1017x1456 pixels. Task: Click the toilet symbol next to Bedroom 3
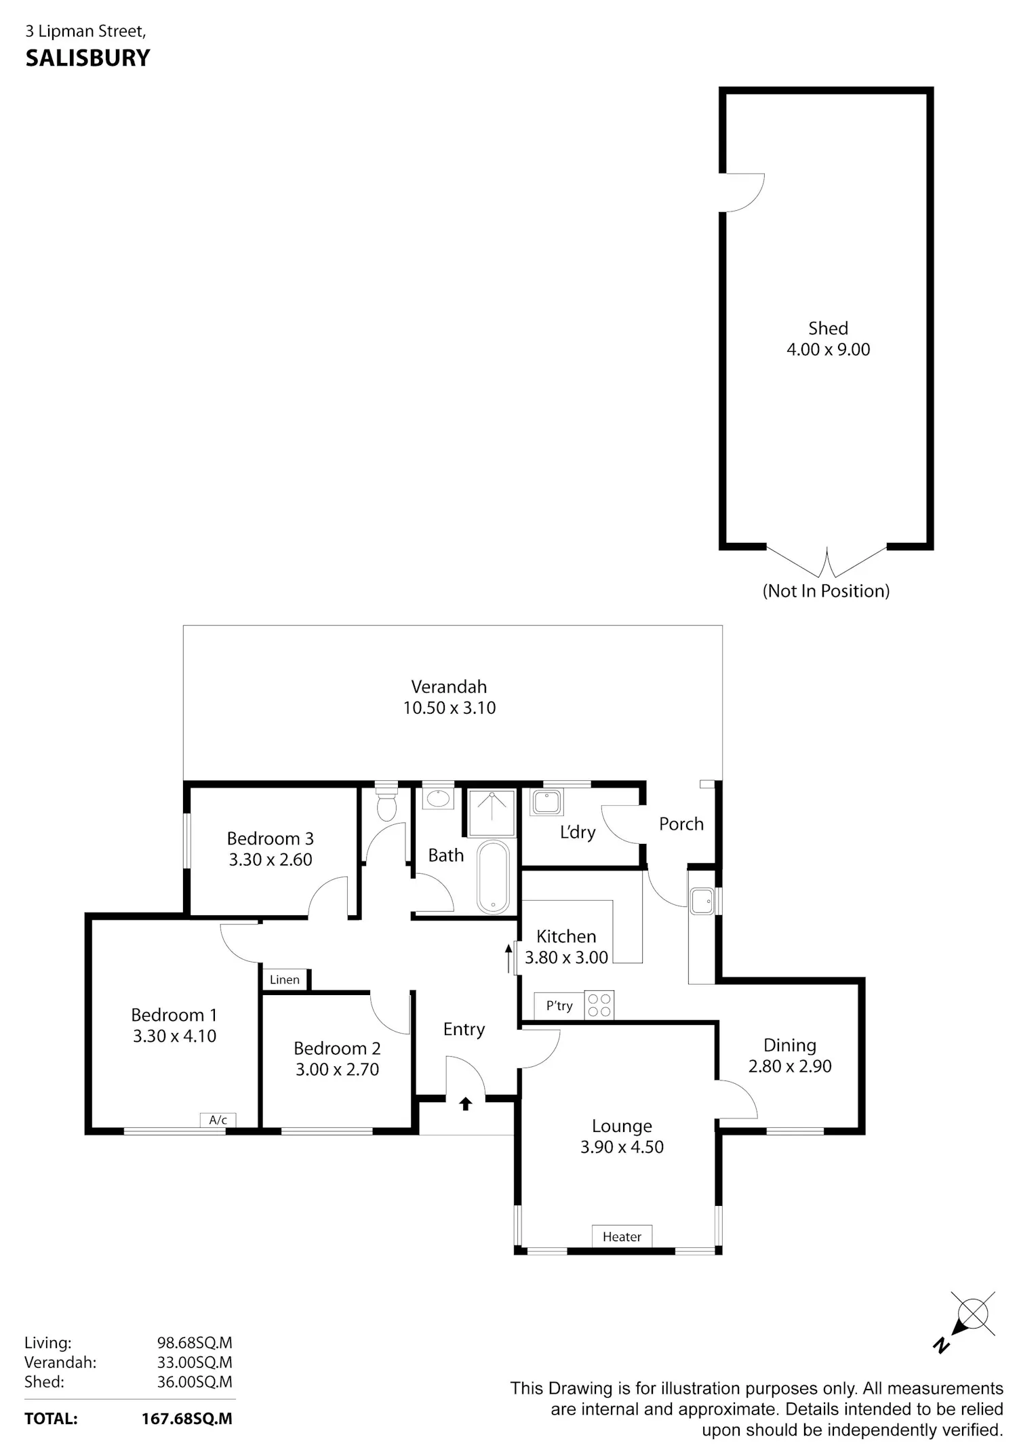(x=386, y=802)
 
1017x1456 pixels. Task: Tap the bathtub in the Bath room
(x=493, y=877)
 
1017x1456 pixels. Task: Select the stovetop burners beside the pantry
(x=599, y=1005)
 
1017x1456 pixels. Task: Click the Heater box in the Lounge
(x=622, y=1236)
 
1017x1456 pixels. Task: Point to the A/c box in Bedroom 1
(x=218, y=1120)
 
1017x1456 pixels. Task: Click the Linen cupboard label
(x=285, y=979)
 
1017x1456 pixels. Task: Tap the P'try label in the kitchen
(x=559, y=1005)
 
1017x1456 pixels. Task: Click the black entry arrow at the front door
(x=465, y=1104)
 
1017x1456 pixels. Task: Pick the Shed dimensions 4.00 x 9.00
(x=828, y=350)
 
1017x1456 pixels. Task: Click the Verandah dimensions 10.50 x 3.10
(x=450, y=708)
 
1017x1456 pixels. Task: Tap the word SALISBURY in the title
(x=87, y=58)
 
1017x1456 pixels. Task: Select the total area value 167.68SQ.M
(x=186, y=1419)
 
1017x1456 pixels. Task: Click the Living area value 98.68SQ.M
(x=195, y=1343)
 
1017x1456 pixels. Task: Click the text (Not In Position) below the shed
(x=826, y=591)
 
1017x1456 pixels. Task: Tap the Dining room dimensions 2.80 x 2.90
(x=790, y=1066)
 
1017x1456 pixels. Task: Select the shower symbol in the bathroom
(x=492, y=812)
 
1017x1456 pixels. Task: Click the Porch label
(x=681, y=824)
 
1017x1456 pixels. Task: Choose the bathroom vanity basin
(x=439, y=798)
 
